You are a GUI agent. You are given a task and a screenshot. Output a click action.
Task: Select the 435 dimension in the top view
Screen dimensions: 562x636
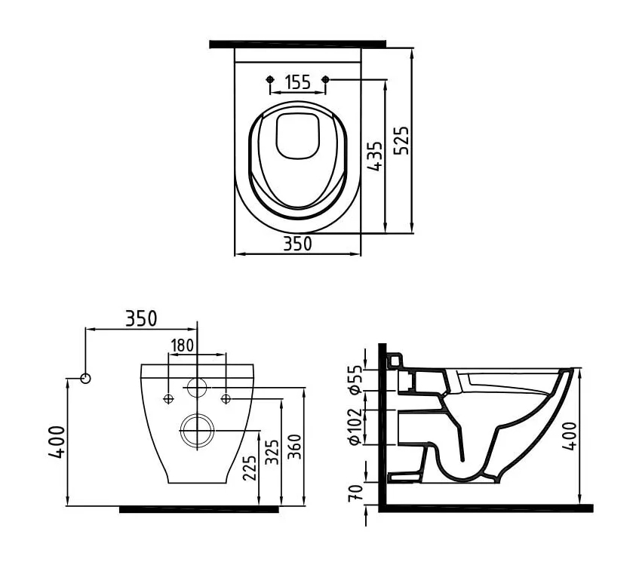(x=375, y=156)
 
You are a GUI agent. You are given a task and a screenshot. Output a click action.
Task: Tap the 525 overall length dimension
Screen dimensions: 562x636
(x=403, y=141)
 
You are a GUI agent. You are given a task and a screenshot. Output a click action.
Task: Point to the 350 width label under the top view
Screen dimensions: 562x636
(x=297, y=244)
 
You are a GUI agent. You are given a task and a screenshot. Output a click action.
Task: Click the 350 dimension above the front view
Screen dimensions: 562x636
(x=141, y=319)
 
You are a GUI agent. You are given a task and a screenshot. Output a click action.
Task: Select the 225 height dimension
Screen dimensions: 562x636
(x=252, y=467)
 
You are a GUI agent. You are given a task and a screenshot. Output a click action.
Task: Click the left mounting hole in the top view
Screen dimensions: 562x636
(x=271, y=79)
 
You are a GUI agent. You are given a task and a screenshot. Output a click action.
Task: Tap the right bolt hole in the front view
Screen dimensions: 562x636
(x=226, y=398)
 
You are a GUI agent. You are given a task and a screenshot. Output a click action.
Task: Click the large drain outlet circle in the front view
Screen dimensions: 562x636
(x=197, y=430)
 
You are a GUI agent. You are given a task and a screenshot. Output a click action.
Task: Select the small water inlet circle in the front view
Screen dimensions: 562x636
(x=197, y=388)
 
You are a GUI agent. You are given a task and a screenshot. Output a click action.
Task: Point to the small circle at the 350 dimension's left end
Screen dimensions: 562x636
(x=85, y=377)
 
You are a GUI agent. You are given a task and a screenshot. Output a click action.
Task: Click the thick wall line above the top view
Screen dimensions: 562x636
(x=297, y=44)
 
